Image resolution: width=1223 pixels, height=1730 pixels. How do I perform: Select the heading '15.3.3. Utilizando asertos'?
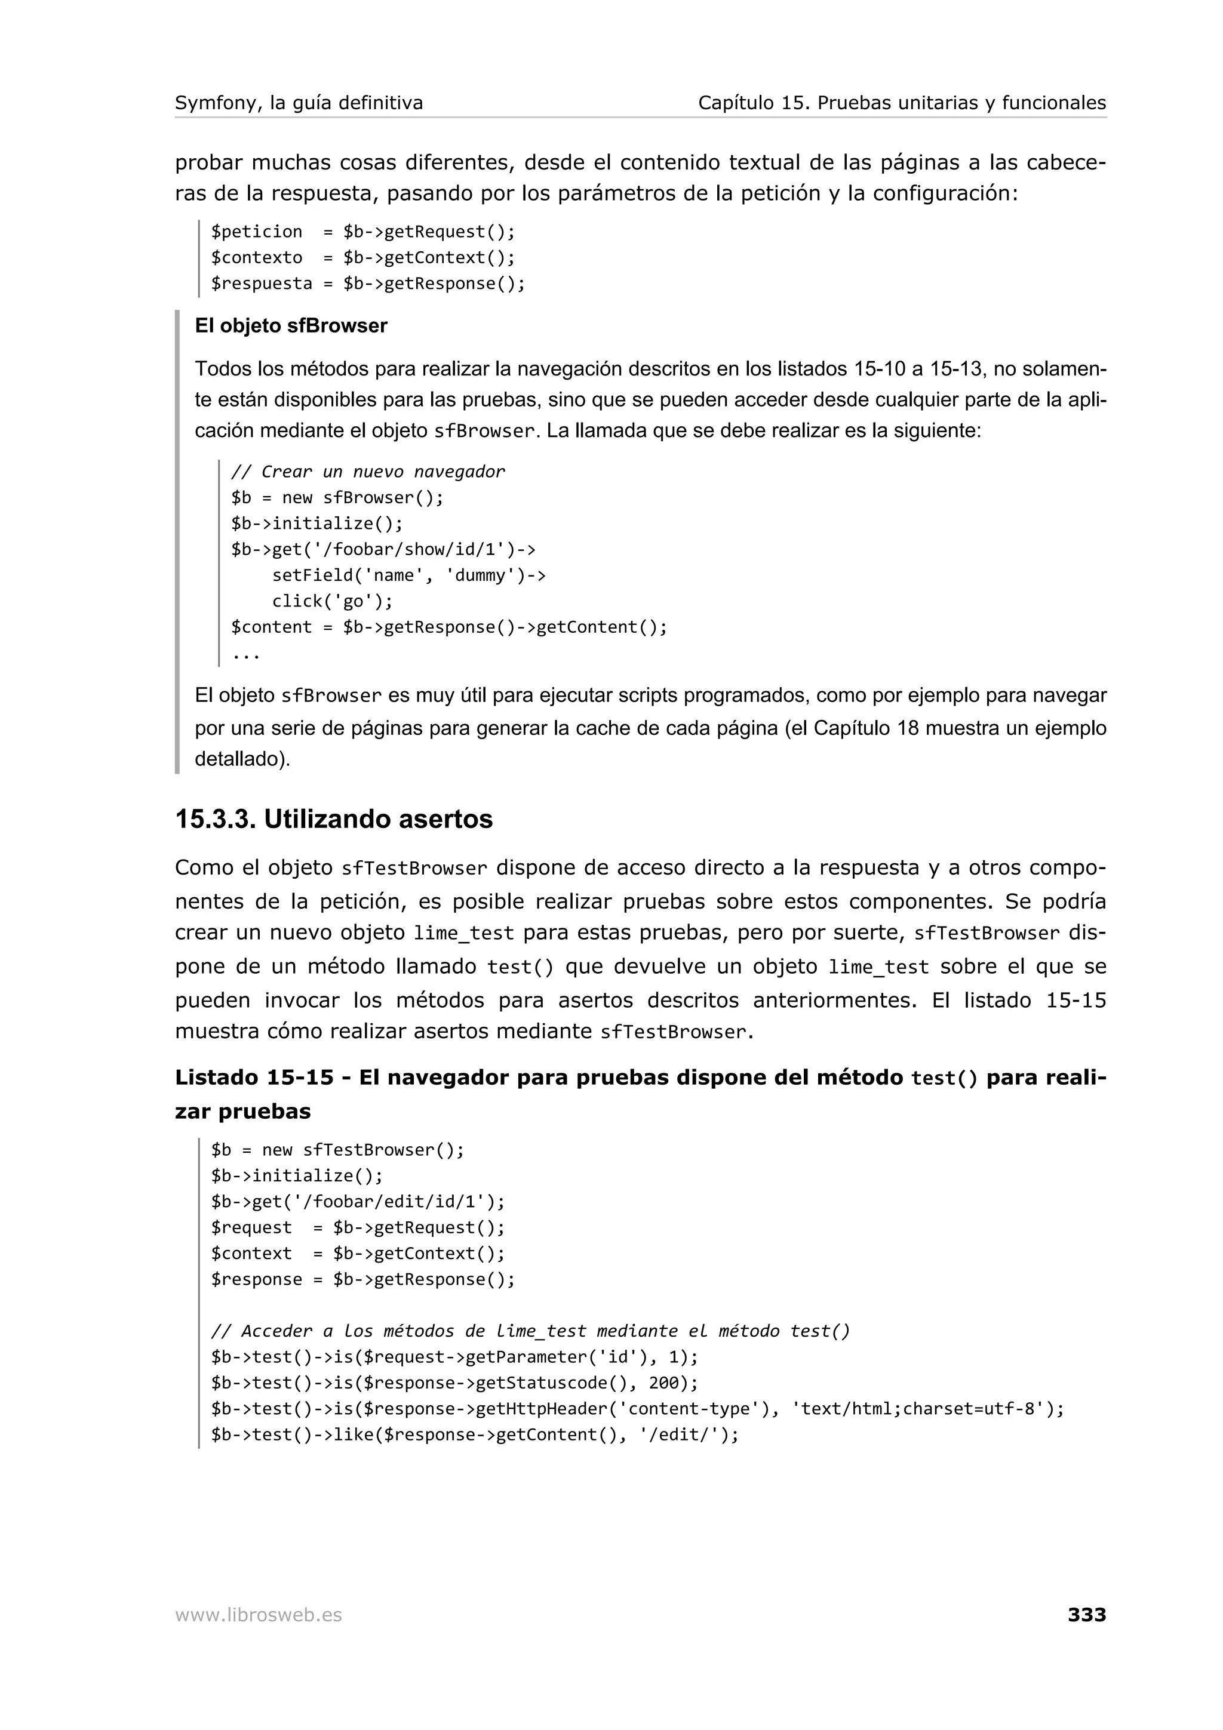click(x=333, y=818)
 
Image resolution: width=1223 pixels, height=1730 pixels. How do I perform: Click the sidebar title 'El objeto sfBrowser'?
click(x=291, y=325)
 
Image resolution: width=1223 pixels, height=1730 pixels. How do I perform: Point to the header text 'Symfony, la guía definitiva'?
click(x=299, y=103)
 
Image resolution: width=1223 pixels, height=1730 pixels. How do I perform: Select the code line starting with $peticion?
click(x=362, y=231)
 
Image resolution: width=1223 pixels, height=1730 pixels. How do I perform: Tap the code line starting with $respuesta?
click(x=367, y=284)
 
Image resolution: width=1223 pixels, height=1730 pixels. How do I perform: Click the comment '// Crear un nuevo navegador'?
click(x=368, y=472)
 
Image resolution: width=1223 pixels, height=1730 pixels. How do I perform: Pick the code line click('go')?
click(x=332, y=601)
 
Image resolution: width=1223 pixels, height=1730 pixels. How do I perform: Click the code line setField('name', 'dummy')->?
click(x=408, y=575)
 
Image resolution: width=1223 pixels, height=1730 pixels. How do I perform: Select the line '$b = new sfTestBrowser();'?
click(x=337, y=1150)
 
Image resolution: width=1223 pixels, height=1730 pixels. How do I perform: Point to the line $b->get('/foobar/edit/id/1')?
click(x=357, y=1201)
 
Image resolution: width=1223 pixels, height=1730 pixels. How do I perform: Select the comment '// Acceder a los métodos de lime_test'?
click(x=530, y=1331)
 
